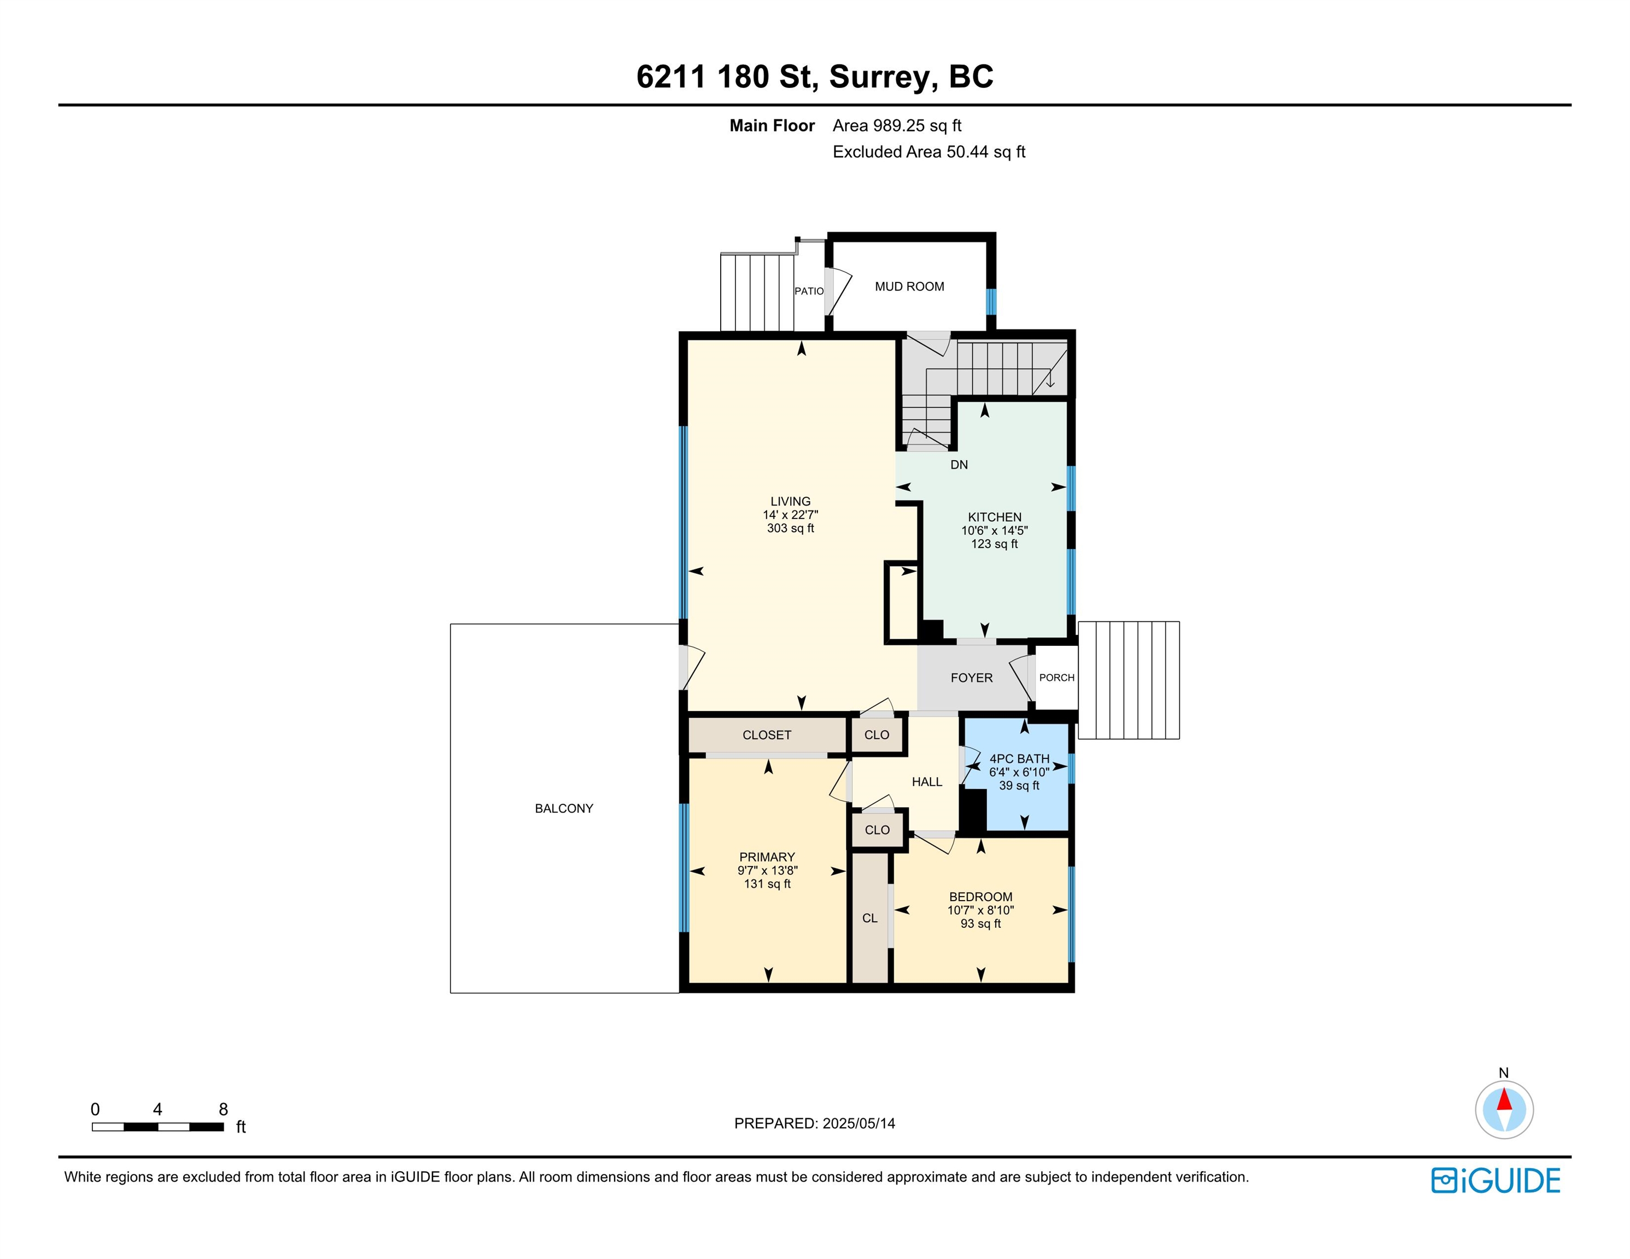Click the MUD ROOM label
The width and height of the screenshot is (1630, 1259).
pos(909,286)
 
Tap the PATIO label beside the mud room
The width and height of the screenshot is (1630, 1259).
pos(809,291)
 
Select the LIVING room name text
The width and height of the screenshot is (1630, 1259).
pos(790,501)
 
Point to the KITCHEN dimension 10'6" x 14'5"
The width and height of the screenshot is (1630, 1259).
pos(994,530)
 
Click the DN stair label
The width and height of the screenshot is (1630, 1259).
pos(959,464)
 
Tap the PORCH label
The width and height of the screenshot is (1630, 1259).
pos(1057,677)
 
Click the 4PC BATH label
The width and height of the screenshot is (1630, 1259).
pos(1019,758)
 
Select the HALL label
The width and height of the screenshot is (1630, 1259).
pos(927,781)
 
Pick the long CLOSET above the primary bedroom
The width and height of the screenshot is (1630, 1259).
pos(767,734)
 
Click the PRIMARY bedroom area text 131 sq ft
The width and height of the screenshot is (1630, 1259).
pos(767,884)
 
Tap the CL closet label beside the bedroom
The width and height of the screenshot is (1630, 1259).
pos(870,918)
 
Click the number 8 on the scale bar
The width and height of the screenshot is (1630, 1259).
pos(223,1109)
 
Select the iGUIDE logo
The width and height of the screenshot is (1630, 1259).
pos(1495,1181)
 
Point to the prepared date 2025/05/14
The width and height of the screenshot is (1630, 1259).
pos(858,1123)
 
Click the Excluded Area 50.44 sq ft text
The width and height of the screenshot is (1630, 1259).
pos(929,151)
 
